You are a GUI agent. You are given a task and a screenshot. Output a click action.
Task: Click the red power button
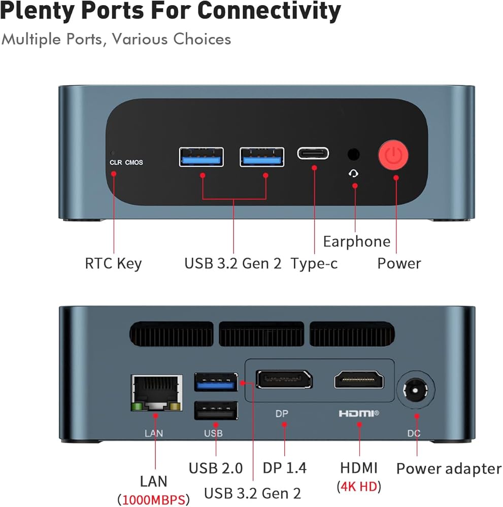coord(393,156)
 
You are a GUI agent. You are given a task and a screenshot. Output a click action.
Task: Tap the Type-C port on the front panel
coord(313,153)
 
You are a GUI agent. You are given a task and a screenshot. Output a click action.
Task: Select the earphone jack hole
coord(354,153)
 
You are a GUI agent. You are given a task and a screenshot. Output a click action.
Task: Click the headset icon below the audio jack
coord(354,173)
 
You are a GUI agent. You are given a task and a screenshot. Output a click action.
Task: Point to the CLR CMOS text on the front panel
coord(126,162)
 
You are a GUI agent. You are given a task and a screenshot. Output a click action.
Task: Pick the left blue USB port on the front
coord(201,157)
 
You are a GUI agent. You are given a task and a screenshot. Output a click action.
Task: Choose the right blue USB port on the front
coord(262,157)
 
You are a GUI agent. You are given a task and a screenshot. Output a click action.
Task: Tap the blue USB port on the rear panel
coord(216,382)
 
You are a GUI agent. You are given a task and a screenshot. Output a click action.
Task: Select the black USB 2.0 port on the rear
coord(216,410)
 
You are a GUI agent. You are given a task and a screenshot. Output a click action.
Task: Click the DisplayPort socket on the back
coord(284,379)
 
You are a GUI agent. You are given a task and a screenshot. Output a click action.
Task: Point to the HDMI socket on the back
coord(359,380)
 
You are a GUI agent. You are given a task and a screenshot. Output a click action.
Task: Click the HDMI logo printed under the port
coord(359,414)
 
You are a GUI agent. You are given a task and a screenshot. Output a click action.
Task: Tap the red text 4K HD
coord(359,486)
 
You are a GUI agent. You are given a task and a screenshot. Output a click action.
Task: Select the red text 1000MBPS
coord(153,499)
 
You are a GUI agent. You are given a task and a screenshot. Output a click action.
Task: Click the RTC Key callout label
coord(113,264)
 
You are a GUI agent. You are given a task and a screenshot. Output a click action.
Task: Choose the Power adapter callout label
coord(449,468)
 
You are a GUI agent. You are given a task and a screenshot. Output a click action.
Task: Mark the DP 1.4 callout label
coord(284,467)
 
